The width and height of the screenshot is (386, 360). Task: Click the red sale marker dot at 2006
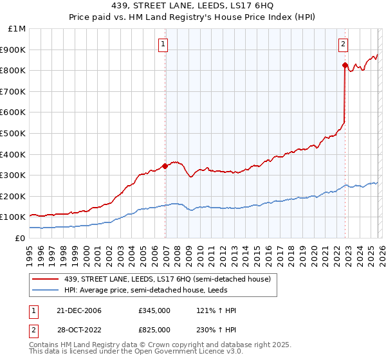[165, 166]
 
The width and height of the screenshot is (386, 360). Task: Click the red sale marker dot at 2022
[345, 65]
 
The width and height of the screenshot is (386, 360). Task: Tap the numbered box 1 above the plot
[163, 44]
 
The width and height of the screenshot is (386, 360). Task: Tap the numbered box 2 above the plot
[343, 44]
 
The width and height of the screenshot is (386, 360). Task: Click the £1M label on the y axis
[18, 29]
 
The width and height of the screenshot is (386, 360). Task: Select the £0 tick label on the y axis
[21, 238]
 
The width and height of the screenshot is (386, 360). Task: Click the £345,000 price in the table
[154, 310]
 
